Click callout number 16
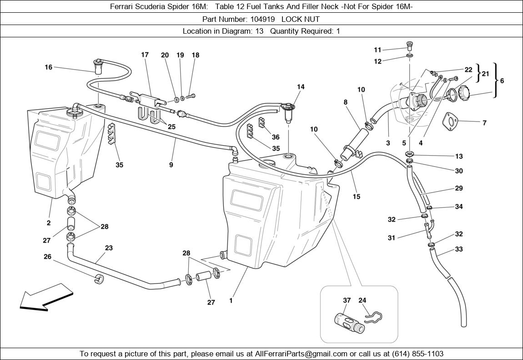[48, 67]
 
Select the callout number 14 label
[301, 87]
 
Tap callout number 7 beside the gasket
[484, 123]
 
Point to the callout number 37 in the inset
[347, 300]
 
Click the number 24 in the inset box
[362, 300]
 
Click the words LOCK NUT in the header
[300, 19]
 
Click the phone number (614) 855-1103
[416, 354]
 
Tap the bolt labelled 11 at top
[409, 46]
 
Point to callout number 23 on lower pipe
[109, 248]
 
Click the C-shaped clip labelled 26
[98, 278]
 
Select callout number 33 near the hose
[459, 249]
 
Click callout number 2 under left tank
[48, 223]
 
